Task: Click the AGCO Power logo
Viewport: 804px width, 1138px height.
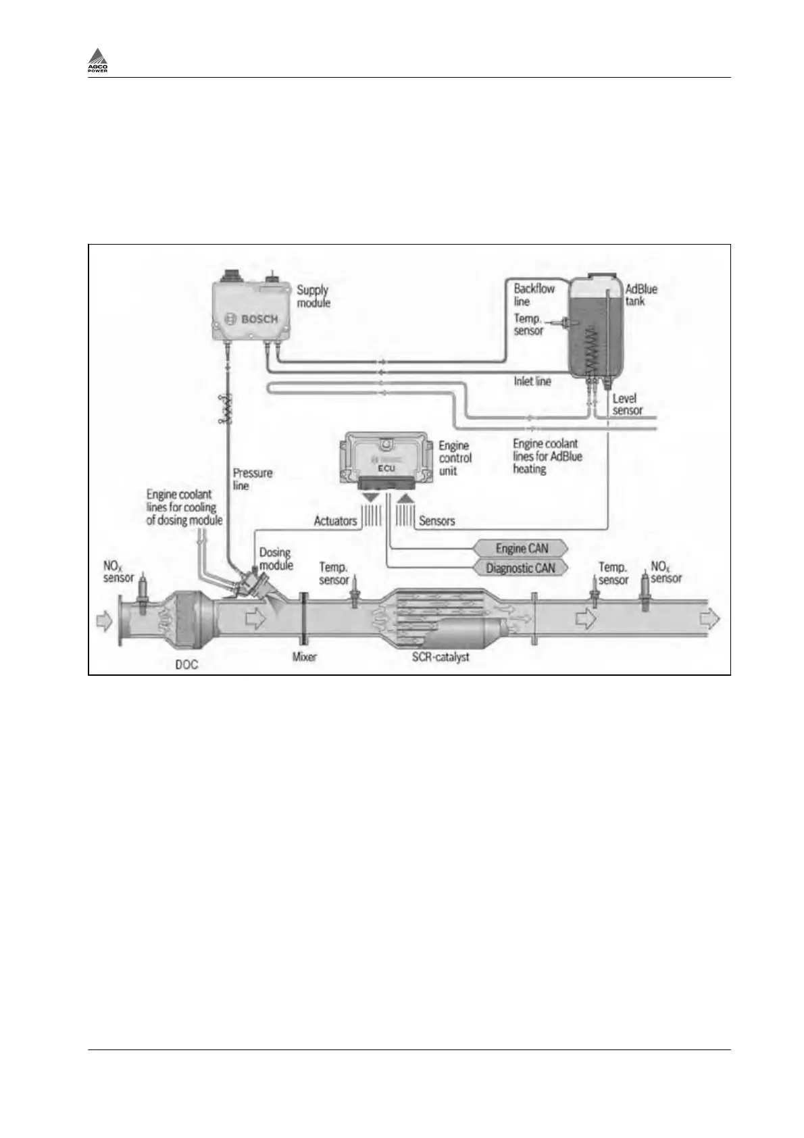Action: coord(98,61)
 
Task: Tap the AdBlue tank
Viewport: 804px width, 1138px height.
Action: coord(595,328)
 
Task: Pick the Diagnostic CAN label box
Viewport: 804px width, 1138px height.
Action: coord(520,568)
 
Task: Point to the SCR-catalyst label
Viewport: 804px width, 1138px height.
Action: coord(441,657)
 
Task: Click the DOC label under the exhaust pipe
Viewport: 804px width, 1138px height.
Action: coord(186,664)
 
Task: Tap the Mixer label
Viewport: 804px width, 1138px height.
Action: coord(304,657)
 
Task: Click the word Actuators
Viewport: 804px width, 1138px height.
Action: coord(335,521)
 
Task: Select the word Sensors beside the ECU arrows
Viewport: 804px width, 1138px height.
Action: coord(436,521)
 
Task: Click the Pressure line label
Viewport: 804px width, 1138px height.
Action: coord(252,479)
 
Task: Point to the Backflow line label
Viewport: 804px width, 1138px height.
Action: coord(534,295)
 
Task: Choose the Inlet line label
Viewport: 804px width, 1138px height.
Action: coord(532,382)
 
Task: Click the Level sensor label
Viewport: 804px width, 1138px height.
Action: coord(627,404)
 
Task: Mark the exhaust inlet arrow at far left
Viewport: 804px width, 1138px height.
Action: coord(103,620)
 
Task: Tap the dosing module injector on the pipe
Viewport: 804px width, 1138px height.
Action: coord(251,583)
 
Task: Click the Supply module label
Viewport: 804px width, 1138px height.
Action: coord(313,296)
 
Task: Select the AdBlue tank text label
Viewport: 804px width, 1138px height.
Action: coord(640,295)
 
